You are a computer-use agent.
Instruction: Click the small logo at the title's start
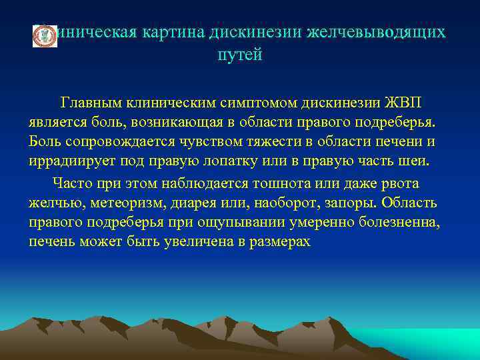tap(45, 37)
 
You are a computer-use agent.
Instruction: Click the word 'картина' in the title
tap(174, 33)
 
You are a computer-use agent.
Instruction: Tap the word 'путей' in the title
tap(240, 55)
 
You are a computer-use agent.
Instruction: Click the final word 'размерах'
tap(279, 241)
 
